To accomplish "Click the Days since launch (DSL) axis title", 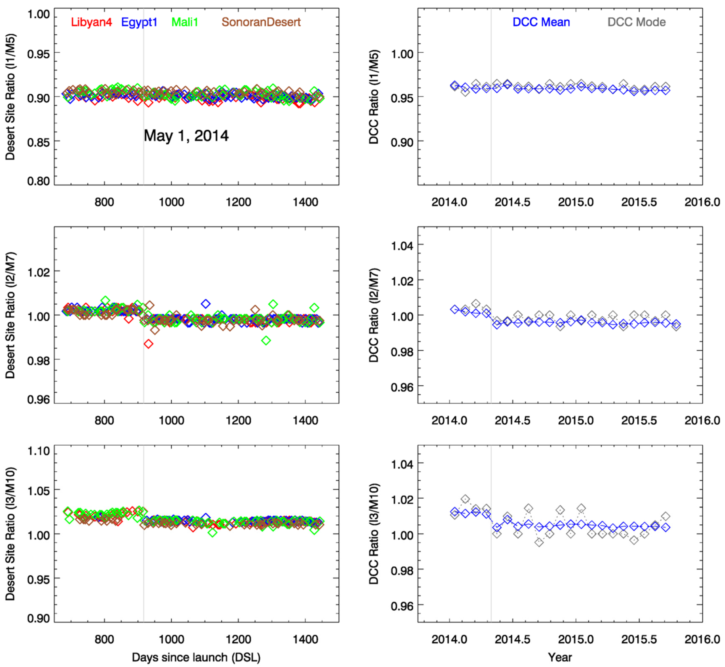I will [x=196, y=657].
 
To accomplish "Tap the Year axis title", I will [x=560, y=657].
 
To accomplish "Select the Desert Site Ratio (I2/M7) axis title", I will [x=10, y=315].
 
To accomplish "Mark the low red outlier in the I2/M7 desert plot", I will [x=148, y=344].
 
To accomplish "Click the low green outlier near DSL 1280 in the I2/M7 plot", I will [x=266, y=340].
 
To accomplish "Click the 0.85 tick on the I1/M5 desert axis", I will [x=38, y=142].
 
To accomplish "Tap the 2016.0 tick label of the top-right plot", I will [x=702, y=202].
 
